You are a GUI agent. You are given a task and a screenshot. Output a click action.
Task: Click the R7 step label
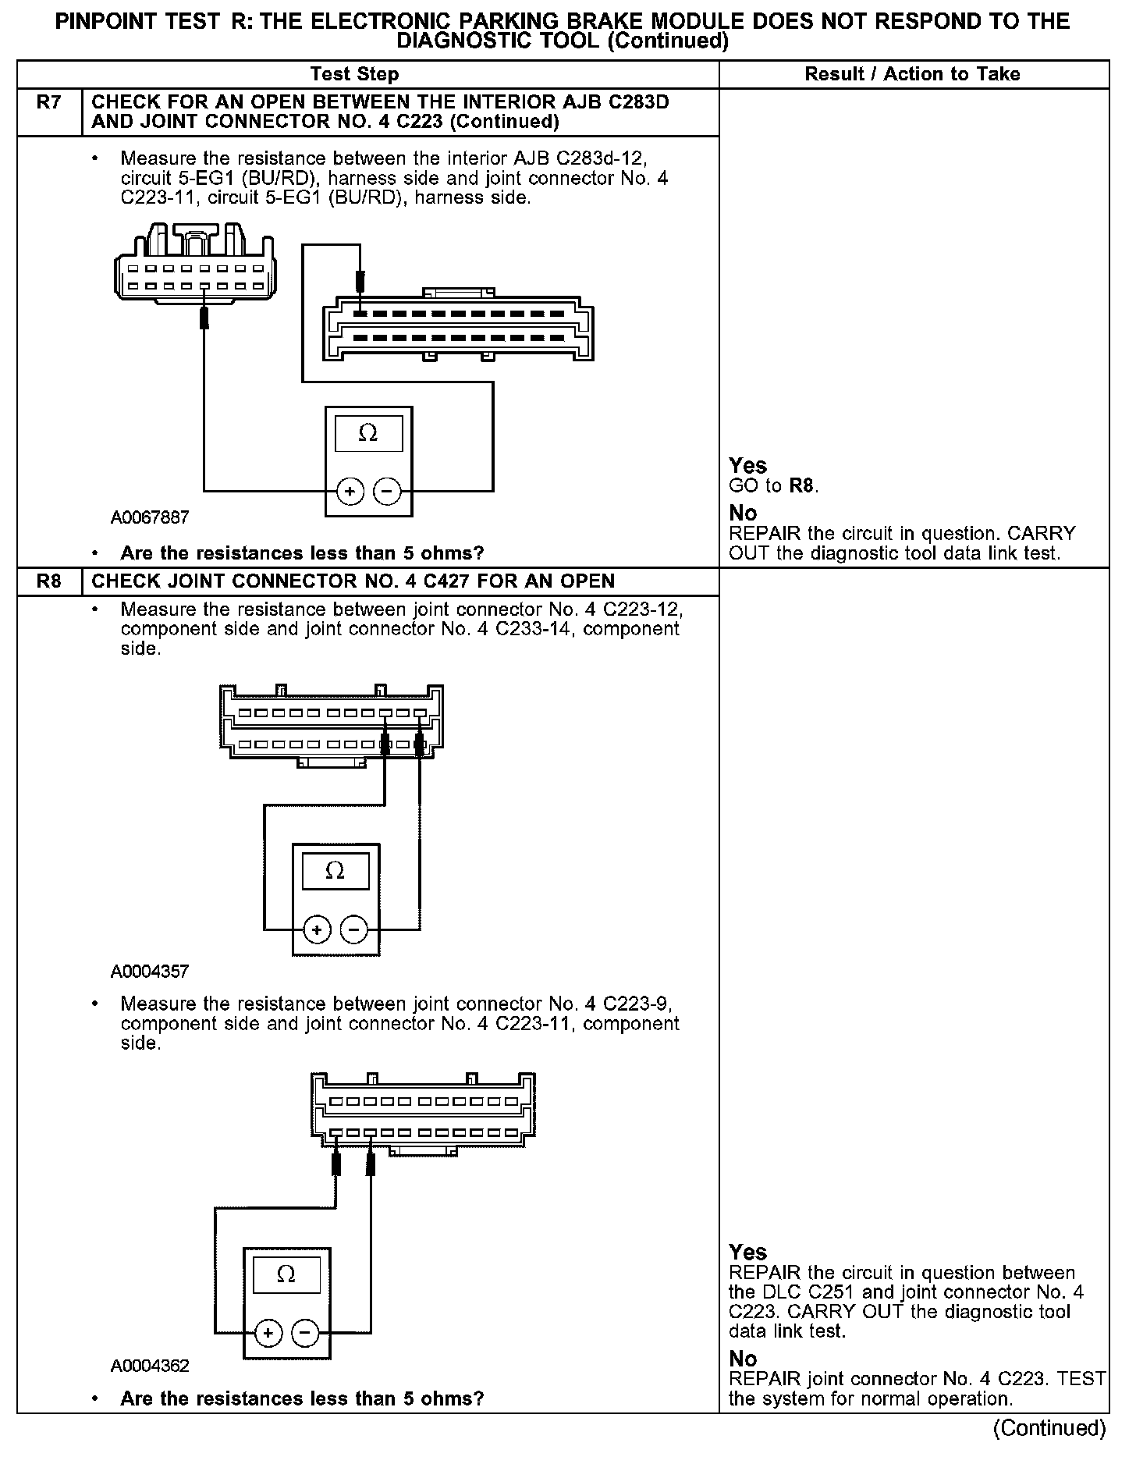click(48, 103)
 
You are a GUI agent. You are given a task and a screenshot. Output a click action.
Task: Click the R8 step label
click(48, 581)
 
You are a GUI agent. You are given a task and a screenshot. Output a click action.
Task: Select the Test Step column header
click(354, 74)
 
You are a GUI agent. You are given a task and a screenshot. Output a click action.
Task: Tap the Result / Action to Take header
click(912, 74)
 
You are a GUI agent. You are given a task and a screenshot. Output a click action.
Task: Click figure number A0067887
click(150, 517)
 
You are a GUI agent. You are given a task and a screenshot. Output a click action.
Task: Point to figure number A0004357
click(150, 972)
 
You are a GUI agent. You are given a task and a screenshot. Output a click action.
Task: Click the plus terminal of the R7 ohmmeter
click(350, 492)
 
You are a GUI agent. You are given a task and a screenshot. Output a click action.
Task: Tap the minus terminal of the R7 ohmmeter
click(388, 492)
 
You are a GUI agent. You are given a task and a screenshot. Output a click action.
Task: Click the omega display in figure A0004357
click(335, 871)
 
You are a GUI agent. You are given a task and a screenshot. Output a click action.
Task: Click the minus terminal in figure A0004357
click(354, 929)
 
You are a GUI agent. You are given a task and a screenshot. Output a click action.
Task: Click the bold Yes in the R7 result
click(747, 466)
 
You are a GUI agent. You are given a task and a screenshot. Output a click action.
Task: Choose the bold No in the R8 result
click(743, 1359)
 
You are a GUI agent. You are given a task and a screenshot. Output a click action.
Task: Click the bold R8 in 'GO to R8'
click(802, 486)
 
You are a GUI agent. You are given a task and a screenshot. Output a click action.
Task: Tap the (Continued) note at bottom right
click(1049, 1428)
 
